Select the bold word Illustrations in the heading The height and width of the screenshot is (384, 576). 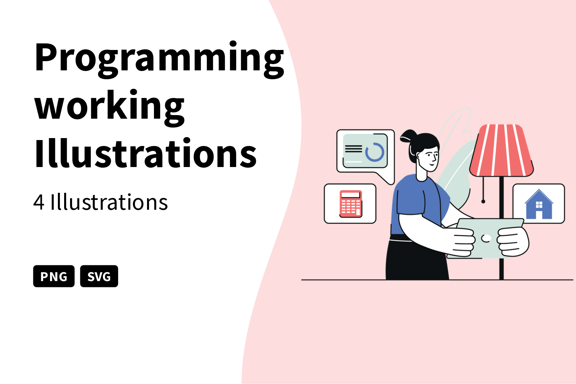(x=145, y=154)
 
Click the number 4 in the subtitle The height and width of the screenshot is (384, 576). (x=39, y=202)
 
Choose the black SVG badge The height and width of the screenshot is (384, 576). (x=99, y=276)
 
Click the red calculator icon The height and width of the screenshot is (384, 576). (x=351, y=204)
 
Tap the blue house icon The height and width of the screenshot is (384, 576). (x=538, y=204)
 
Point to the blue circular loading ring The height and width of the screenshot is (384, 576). (x=375, y=152)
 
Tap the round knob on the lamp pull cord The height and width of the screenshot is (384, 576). (x=483, y=201)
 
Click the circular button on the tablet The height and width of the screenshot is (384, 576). (x=486, y=238)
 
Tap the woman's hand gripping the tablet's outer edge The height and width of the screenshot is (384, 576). (x=513, y=242)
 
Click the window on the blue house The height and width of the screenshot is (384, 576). (x=539, y=205)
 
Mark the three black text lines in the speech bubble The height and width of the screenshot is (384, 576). (x=353, y=149)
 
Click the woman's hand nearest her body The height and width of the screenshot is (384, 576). (x=464, y=241)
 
